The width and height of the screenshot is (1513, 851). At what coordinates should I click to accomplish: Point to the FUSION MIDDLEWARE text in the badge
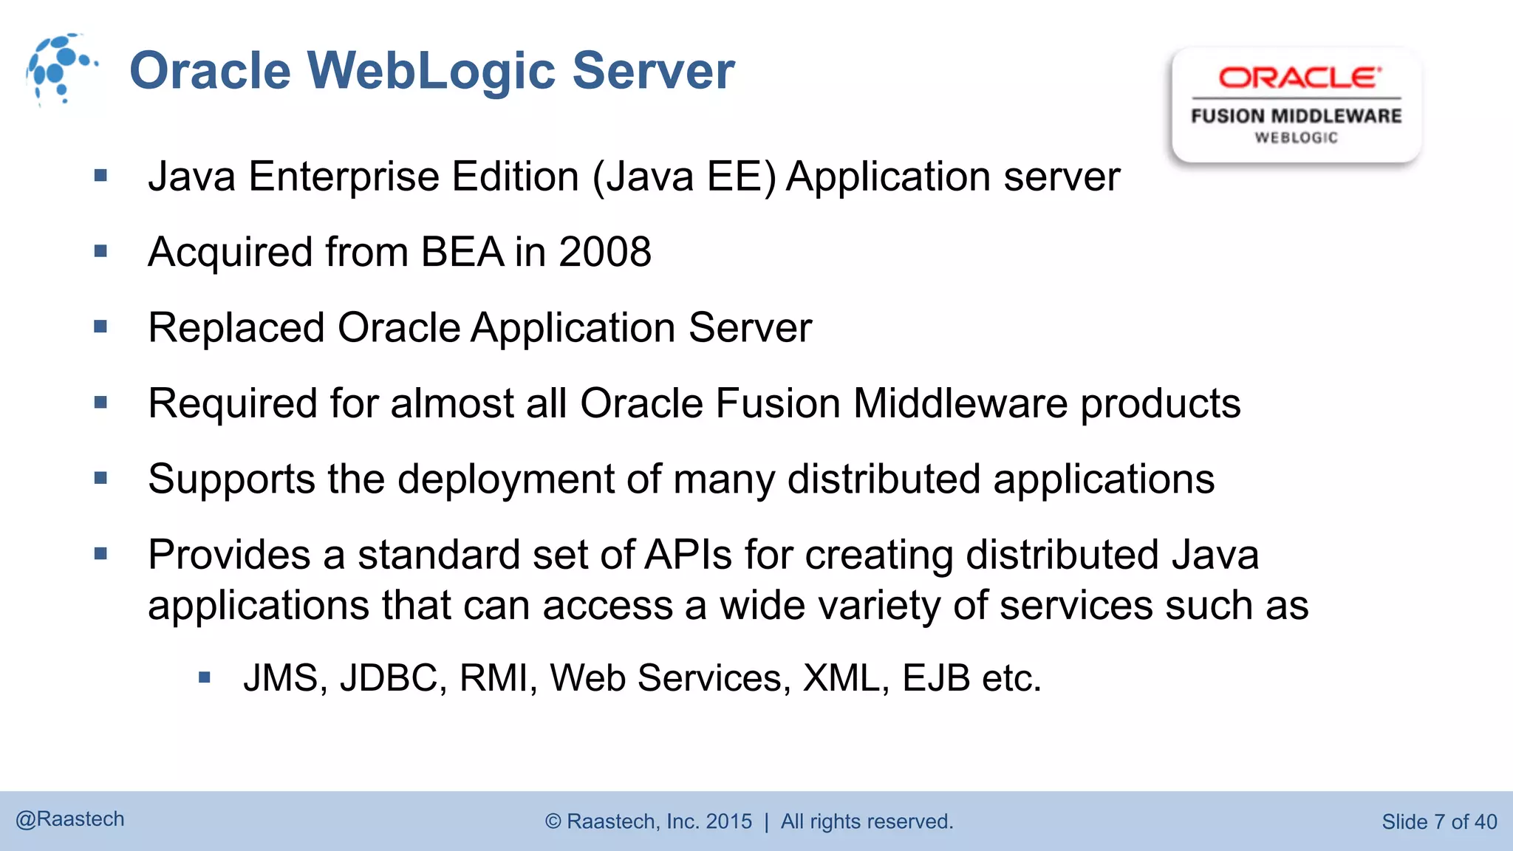pyautogui.click(x=1296, y=116)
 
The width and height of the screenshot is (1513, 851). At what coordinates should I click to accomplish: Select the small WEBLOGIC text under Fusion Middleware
pyautogui.click(x=1296, y=138)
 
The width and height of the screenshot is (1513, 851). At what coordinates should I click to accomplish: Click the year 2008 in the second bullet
pyautogui.click(x=605, y=252)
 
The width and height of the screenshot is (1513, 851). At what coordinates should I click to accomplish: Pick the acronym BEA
pyautogui.click(x=462, y=252)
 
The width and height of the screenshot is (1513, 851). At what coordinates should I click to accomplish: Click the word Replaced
pyautogui.click(x=236, y=327)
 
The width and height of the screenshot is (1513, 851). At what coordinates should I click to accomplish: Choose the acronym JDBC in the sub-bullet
pyautogui.click(x=389, y=677)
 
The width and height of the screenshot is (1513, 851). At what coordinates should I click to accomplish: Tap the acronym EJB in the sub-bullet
pyautogui.click(x=935, y=677)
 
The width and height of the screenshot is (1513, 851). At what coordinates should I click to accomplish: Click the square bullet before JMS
pyautogui.click(x=205, y=677)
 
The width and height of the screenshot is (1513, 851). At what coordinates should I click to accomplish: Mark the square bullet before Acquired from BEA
pyautogui.click(x=101, y=252)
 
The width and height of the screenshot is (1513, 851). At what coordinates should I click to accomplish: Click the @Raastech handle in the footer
pyautogui.click(x=70, y=819)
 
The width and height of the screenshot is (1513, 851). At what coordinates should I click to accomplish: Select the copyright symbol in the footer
pyautogui.click(x=553, y=821)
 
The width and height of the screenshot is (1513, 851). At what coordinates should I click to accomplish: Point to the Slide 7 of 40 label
pyautogui.click(x=1439, y=821)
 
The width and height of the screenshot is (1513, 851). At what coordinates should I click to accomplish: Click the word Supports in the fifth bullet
pyautogui.click(x=231, y=479)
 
